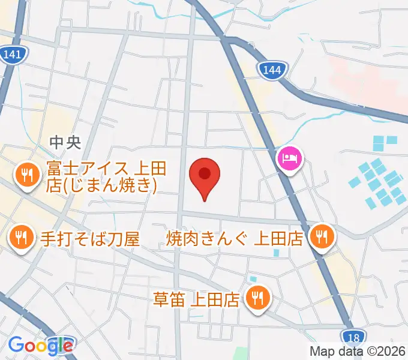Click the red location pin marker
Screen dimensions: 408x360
click(205, 178)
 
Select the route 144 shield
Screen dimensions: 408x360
click(272, 70)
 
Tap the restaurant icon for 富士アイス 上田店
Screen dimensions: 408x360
click(26, 175)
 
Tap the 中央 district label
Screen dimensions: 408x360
click(65, 142)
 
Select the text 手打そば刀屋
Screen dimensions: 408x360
click(90, 239)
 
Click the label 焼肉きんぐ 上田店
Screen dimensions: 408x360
click(235, 239)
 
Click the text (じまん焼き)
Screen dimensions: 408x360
click(101, 186)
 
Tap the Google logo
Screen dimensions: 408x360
click(41, 344)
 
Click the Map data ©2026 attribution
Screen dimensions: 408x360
click(356, 352)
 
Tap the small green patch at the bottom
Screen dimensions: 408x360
click(241, 353)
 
